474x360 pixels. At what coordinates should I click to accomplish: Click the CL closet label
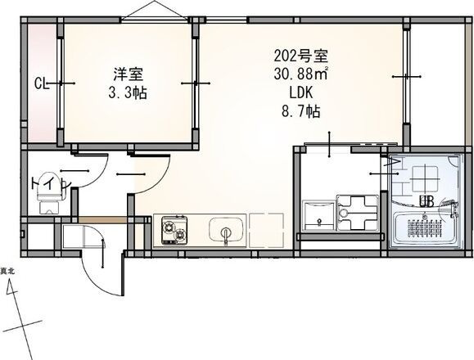[x=39, y=83]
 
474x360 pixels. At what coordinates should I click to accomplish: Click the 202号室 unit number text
[x=300, y=58]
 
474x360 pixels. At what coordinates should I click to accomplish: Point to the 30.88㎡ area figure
[x=301, y=76]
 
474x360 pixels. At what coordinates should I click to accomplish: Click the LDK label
[x=300, y=94]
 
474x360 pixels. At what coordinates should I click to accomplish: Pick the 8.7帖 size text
[x=300, y=112]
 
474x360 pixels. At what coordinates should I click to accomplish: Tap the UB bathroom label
[x=427, y=201]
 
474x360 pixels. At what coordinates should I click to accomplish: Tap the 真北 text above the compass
[x=7, y=271]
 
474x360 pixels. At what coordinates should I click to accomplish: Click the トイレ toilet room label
[x=44, y=183]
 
